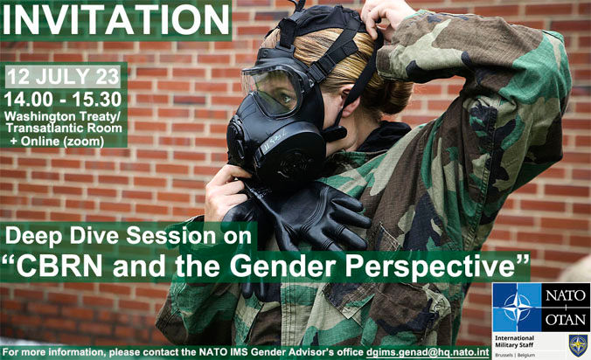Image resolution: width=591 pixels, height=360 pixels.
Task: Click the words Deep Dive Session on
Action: click(129, 235)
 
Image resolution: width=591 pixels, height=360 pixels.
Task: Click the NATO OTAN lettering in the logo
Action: click(569, 307)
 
